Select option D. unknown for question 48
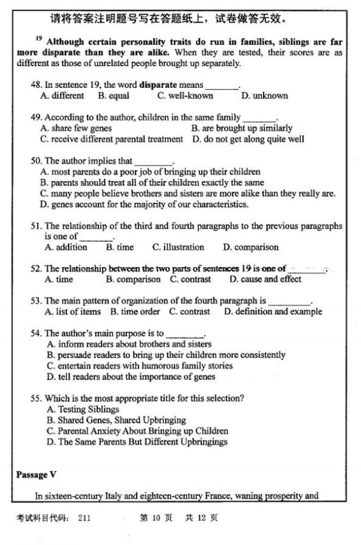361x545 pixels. pos(265,96)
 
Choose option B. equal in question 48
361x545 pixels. pos(114,96)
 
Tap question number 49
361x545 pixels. pos(36,117)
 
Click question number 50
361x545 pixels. pos(36,160)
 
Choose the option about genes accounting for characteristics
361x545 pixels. pos(145,205)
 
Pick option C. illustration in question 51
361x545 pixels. pos(178,247)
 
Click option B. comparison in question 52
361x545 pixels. pos(133,279)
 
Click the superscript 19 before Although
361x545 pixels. pos(38,38)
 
